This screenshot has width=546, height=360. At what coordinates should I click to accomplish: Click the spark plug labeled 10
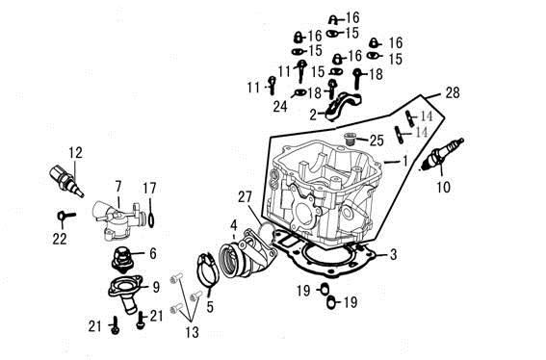click(443, 154)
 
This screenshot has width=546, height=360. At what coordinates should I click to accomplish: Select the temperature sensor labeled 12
click(66, 181)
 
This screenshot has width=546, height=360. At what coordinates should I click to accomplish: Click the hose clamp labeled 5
click(208, 269)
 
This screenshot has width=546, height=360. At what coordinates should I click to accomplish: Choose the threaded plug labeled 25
click(349, 139)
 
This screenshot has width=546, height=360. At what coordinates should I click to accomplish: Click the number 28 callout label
click(453, 93)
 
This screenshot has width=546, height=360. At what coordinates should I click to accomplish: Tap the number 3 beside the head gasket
click(393, 254)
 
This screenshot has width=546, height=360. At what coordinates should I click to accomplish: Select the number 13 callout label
click(192, 332)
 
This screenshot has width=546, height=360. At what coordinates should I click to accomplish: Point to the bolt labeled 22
click(66, 216)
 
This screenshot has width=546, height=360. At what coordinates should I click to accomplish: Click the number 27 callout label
click(245, 197)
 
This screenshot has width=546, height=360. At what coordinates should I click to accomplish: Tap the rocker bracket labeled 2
click(343, 107)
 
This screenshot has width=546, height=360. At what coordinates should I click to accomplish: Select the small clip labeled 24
click(299, 92)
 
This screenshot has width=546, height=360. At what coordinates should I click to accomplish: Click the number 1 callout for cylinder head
click(404, 161)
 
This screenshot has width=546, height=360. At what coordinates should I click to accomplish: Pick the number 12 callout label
click(75, 152)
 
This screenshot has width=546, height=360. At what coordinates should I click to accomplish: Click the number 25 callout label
click(377, 141)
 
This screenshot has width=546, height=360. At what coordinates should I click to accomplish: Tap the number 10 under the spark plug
click(444, 188)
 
